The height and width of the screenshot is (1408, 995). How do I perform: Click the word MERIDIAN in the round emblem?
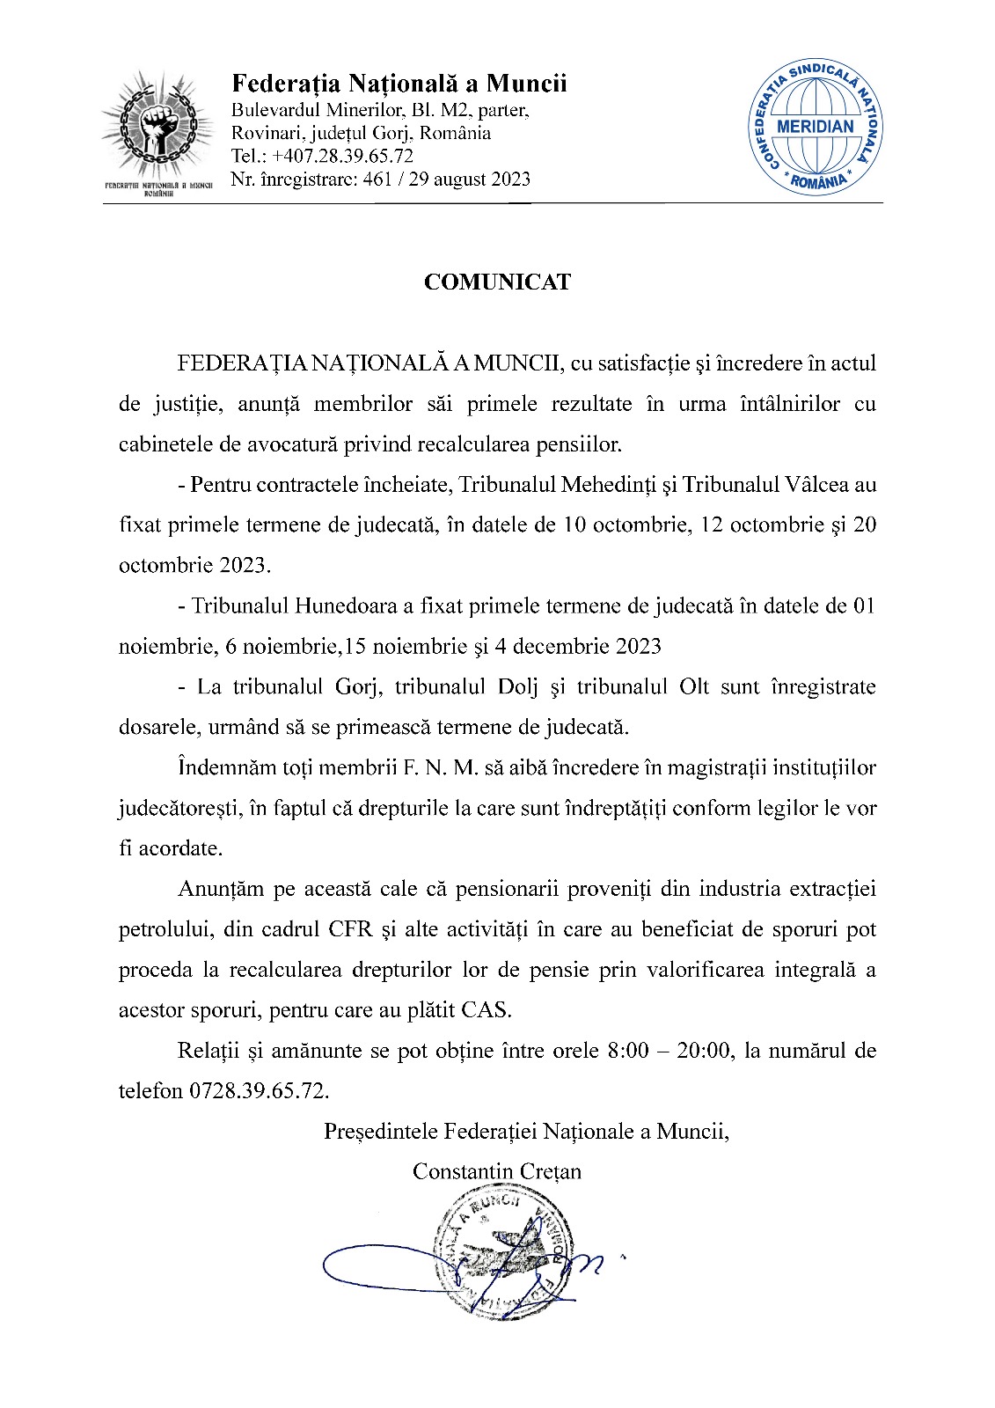tap(816, 126)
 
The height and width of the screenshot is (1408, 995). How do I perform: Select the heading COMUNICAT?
tap(497, 282)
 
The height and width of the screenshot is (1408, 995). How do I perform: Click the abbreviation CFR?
tap(350, 930)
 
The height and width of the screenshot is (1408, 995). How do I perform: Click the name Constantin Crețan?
tap(497, 1172)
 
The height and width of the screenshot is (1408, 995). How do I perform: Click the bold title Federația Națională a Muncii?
tap(399, 84)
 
